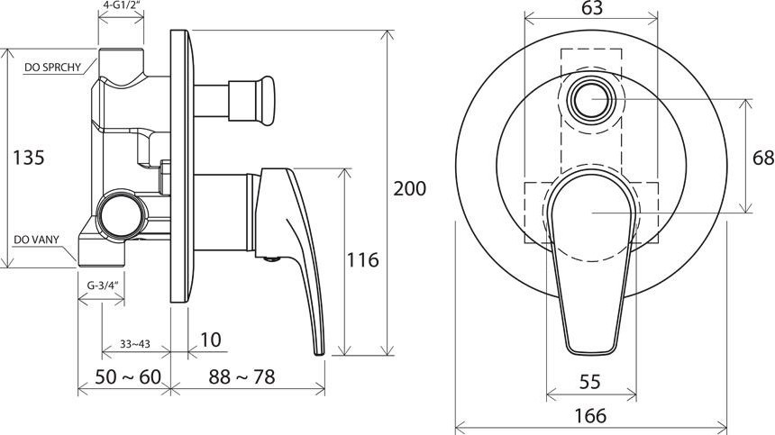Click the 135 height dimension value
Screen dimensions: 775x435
pos(29,158)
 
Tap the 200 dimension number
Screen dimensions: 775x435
pos(409,188)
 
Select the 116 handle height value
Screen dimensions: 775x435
pos(363,260)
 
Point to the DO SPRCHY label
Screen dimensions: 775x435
pos(52,68)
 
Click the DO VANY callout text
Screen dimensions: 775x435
pos(36,240)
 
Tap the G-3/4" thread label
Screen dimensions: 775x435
pos(103,285)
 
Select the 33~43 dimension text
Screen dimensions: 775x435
pos(135,344)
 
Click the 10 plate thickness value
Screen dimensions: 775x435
pos(211,340)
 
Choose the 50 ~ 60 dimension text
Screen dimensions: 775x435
pos(128,377)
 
